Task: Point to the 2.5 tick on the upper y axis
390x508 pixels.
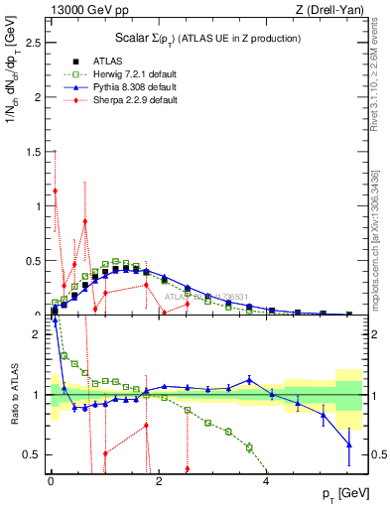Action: [x=35, y=45]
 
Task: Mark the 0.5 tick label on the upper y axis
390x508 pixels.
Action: [x=35, y=261]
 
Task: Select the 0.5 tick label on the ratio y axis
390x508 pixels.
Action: [x=35, y=454]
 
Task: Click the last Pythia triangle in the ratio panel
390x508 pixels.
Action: [x=348, y=445]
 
